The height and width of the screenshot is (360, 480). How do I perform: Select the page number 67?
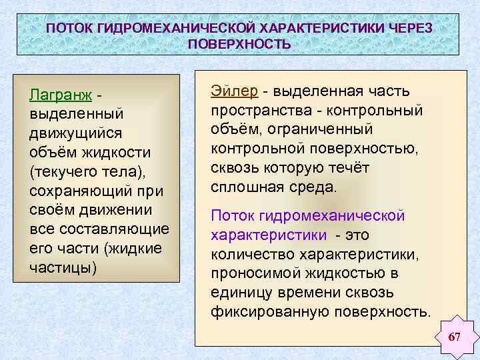(x=455, y=337)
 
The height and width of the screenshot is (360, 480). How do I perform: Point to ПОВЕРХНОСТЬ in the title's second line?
(x=239, y=45)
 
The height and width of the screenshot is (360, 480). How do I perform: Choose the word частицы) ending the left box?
(x=63, y=267)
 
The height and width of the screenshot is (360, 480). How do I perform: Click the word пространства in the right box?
(x=257, y=109)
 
